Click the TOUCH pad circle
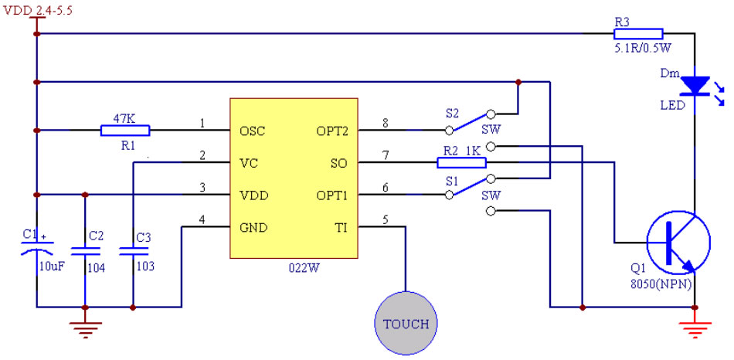(x=406, y=323)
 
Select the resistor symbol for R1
(x=125, y=130)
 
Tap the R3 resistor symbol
(x=638, y=33)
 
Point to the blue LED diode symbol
(x=698, y=85)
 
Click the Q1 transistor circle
(x=677, y=243)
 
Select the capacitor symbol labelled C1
(x=36, y=249)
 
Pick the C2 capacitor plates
(x=85, y=250)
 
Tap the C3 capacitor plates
(x=133, y=250)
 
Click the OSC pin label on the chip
(x=253, y=131)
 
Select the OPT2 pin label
(x=333, y=131)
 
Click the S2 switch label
(x=451, y=113)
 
